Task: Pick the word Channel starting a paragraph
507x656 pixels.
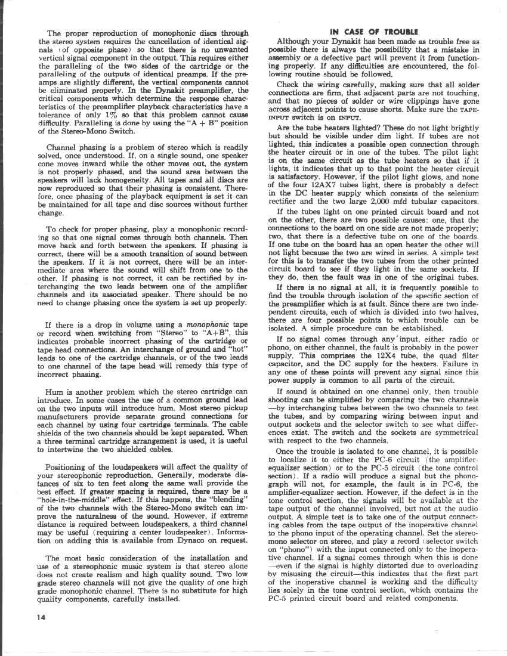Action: click(x=62, y=146)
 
